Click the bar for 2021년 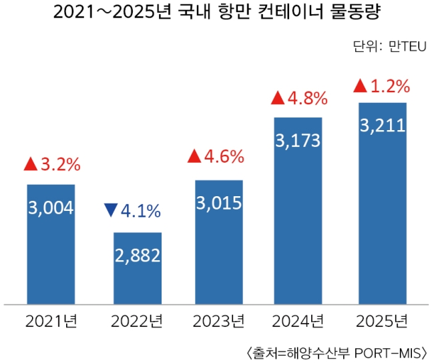click(51, 244)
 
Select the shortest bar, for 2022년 click(137, 268)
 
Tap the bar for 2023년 click(219, 242)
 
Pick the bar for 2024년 click(298, 210)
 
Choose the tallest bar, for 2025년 click(382, 203)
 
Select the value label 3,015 click(219, 203)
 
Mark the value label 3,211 click(382, 125)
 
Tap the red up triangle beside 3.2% click(29, 163)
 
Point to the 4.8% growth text click(308, 99)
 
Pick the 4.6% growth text click(224, 157)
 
